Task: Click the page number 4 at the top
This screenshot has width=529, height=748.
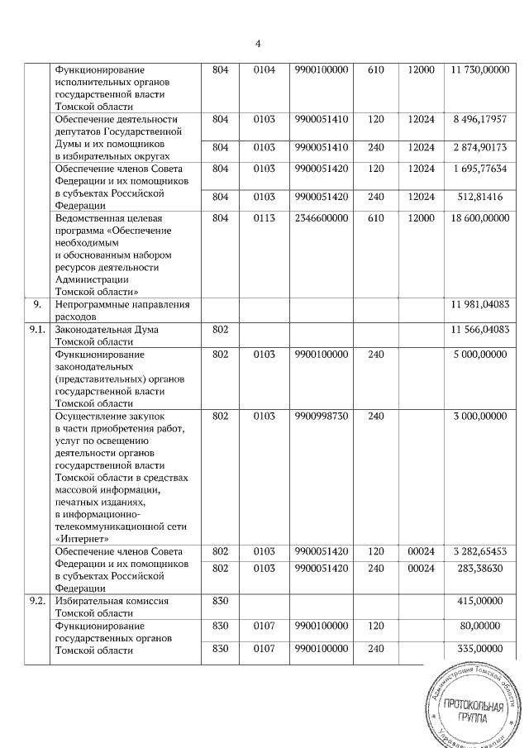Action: (x=258, y=43)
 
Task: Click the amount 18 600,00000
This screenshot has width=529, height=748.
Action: (x=479, y=218)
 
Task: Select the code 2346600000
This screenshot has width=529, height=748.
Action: (x=322, y=218)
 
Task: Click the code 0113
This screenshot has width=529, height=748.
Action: (x=263, y=218)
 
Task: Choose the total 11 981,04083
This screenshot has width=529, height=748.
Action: (x=479, y=304)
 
